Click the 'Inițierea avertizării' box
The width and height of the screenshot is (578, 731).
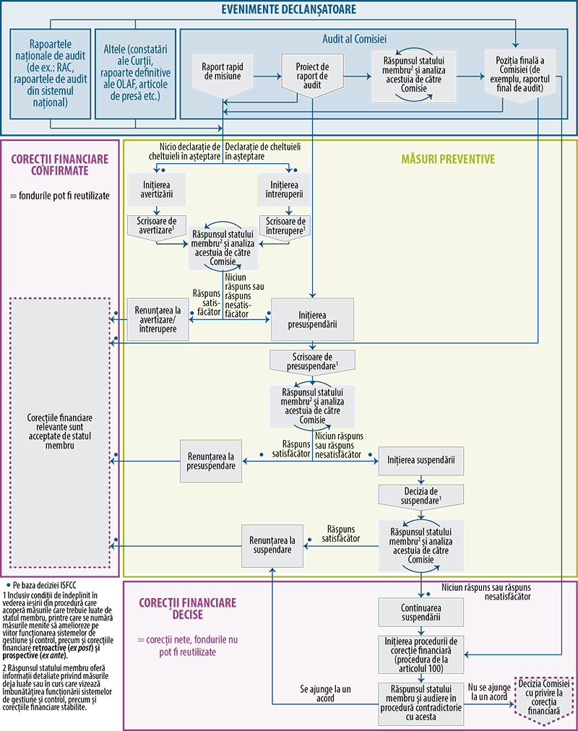158,190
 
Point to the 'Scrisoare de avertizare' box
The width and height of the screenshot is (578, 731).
157,225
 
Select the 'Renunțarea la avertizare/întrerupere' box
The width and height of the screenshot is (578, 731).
158,318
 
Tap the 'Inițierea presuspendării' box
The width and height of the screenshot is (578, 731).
312,319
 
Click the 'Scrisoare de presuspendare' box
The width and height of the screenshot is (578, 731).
313,361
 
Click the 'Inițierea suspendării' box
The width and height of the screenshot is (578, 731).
420,459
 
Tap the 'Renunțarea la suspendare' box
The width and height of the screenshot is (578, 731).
272,545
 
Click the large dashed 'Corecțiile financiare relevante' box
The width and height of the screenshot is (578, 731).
60,432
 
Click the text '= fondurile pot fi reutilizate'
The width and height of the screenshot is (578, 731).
60,196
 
